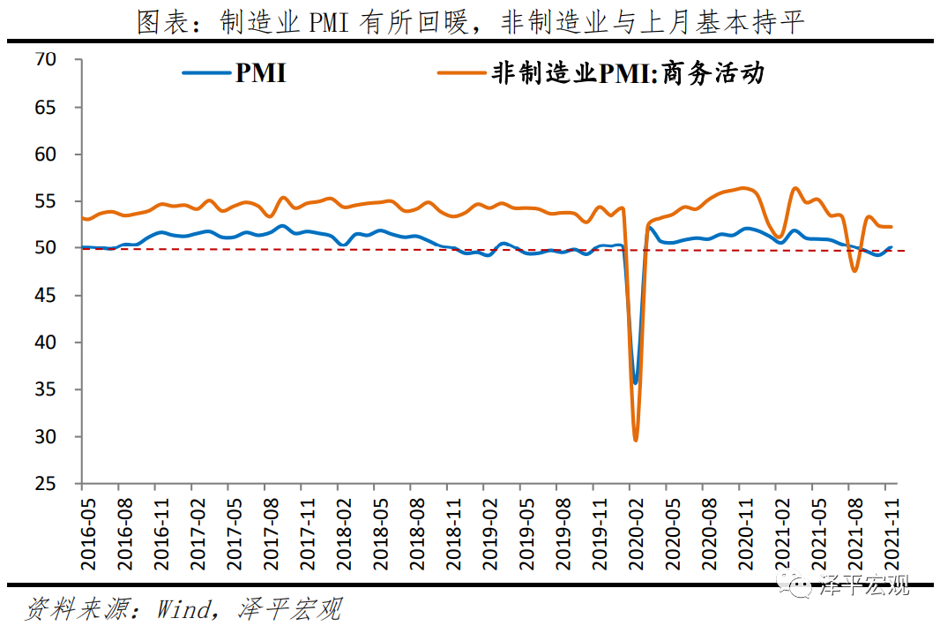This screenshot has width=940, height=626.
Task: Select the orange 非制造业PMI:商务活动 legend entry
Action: click(x=601, y=73)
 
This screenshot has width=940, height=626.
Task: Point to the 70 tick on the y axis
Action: click(x=46, y=60)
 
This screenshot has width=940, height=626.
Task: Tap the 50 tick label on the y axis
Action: click(x=46, y=248)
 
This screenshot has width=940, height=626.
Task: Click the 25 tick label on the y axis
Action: click(x=46, y=484)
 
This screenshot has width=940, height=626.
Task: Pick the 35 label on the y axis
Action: click(x=46, y=389)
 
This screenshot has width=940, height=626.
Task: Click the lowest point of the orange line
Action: click(x=636, y=439)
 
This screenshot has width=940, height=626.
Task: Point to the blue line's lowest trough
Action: click(x=635, y=382)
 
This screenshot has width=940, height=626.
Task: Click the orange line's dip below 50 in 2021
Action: click(x=854, y=269)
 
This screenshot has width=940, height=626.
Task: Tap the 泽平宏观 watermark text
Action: click(x=864, y=585)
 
